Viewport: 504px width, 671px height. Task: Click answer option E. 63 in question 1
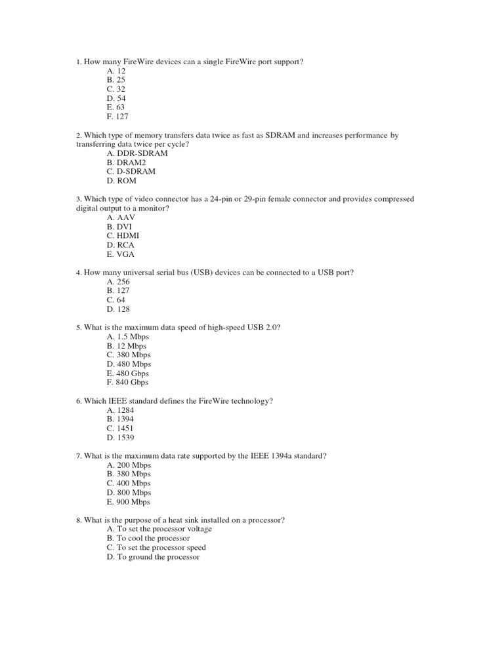tap(115, 107)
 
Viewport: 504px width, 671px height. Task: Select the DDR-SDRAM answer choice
tap(136, 153)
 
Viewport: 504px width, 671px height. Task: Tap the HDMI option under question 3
tap(123, 235)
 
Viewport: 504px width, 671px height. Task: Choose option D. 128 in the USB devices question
tap(118, 309)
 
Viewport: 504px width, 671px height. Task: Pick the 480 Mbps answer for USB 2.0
tap(129, 364)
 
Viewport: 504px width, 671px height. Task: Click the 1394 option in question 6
tap(120, 419)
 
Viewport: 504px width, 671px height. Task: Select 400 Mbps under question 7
tap(128, 483)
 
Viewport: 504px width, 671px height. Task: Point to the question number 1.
tap(78, 62)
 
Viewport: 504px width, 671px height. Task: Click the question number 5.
tap(78, 328)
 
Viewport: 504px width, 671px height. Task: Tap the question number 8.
tap(78, 520)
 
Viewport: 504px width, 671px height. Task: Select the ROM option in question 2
tap(121, 181)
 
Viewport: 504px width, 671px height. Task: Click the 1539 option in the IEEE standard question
tap(120, 438)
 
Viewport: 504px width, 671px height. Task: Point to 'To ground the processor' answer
tap(152, 557)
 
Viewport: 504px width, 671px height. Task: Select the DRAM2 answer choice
tap(127, 163)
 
